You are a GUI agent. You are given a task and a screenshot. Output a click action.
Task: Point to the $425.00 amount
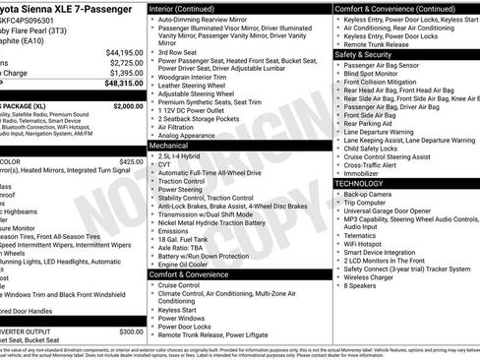tap(131, 161)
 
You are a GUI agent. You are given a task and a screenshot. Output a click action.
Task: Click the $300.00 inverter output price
tap(131, 331)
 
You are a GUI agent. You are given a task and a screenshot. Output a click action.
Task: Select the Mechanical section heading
tap(168, 145)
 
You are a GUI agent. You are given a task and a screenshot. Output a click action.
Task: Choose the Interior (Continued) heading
tap(191, 8)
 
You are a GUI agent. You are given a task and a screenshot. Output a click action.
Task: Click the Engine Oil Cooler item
tap(186, 264)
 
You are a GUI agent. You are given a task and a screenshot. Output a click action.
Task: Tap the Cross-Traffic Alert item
tap(373, 163)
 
